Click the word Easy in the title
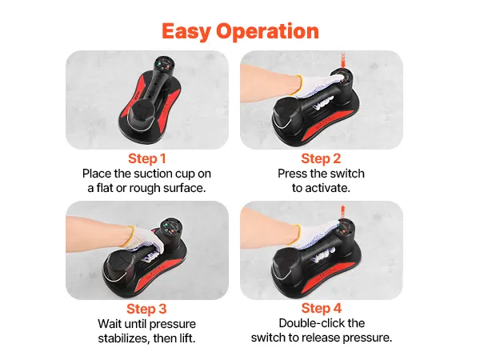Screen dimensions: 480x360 coord(186,31)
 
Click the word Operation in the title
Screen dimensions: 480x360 coord(267,31)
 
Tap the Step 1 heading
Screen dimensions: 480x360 coord(147,158)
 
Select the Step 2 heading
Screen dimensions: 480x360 coord(321,158)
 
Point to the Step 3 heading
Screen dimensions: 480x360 coord(146,309)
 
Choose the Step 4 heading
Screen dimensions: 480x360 coord(321,308)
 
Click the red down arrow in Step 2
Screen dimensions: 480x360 coord(343,60)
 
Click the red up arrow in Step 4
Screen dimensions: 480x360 coord(343,211)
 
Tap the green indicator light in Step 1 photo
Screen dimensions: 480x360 coord(160,64)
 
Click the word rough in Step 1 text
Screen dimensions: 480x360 coord(145,188)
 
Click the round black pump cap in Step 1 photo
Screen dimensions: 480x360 coord(142,114)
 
